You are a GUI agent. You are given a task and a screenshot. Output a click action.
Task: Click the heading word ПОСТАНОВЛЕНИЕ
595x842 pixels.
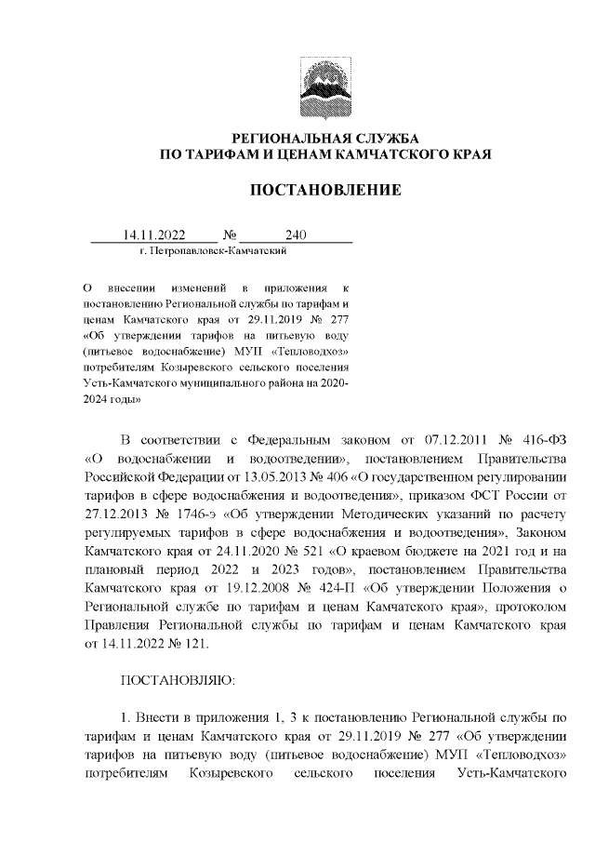[x=324, y=191]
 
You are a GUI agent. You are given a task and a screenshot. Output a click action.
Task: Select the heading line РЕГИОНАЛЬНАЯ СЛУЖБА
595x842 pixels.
[x=324, y=137]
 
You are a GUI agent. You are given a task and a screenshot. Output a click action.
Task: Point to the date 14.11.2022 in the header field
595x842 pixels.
[x=155, y=235]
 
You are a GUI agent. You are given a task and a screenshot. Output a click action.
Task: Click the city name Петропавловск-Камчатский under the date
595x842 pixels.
[x=218, y=251]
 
